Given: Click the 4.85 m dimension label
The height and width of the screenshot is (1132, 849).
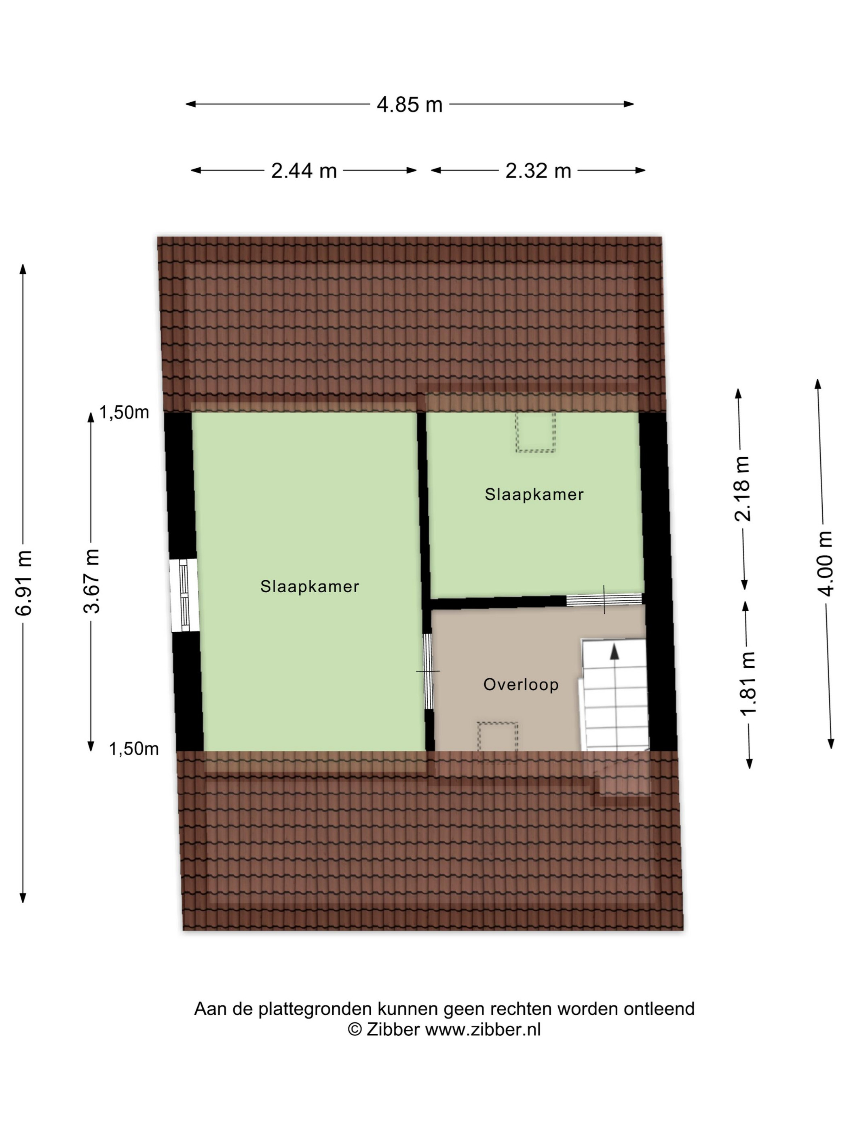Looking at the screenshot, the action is (x=410, y=104).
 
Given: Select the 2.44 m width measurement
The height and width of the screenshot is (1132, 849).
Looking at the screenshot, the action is (x=304, y=171).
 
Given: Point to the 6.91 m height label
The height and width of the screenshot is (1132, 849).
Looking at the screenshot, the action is (x=24, y=583).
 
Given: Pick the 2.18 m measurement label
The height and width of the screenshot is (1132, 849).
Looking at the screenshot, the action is (x=741, y=488).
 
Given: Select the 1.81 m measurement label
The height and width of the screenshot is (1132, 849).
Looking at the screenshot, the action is (x=748, y=683).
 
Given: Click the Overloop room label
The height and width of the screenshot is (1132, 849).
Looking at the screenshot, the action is (x=521, y=684).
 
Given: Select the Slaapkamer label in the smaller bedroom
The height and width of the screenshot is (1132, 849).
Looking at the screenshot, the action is (x=534, y=494).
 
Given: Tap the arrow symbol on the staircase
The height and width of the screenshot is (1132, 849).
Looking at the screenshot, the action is (x=615, y=651).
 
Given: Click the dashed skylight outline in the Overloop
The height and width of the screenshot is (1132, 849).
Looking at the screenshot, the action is (x=497, y=737).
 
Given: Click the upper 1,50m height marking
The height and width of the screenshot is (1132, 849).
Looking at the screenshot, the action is (x=124, y=412).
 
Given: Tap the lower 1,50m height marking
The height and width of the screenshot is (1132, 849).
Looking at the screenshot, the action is (x=133, y=749).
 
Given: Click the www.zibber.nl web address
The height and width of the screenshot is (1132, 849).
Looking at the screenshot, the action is (x=483, y=1029).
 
